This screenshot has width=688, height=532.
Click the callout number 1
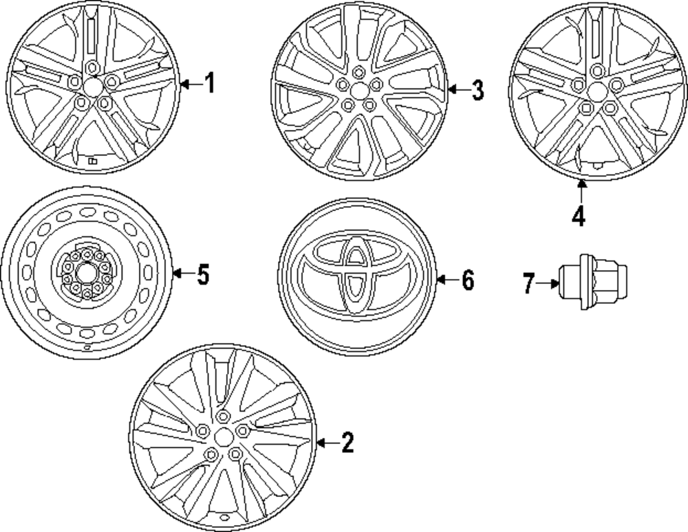pyautogui.click(x=210, y=84)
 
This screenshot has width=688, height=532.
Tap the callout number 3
pyautogui.click(x=477, y=90)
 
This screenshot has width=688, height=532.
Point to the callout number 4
pyautogui.click(x=579, y=217)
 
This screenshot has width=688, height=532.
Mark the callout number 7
pyautogui.click(x=528, y=283)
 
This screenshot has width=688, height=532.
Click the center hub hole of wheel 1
pyautogui.click(x=92, y=85)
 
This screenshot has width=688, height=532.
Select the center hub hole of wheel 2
pyautogui.click(x=223, y=438)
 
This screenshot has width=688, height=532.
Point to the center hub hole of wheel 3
pyautogui.click(x=358, y=90)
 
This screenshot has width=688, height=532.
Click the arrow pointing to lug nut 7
pyautogui.click(x=548, y=283)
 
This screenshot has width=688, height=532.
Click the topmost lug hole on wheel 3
pyautogui.click(x=358, y=72)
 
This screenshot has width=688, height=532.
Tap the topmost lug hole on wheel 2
pyautogui.click(x=222, y=417)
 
